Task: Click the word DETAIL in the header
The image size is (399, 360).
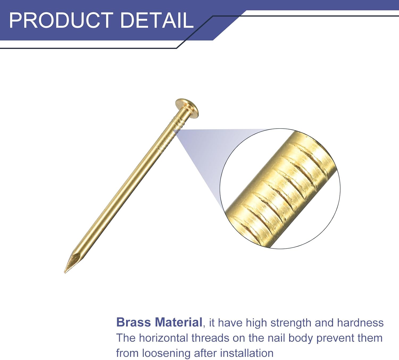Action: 157,20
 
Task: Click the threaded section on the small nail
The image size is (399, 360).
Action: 168,136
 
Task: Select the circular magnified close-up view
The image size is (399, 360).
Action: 280,189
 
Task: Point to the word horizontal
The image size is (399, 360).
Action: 163,338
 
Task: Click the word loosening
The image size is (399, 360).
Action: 166,353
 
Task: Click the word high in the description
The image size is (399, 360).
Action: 256,323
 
